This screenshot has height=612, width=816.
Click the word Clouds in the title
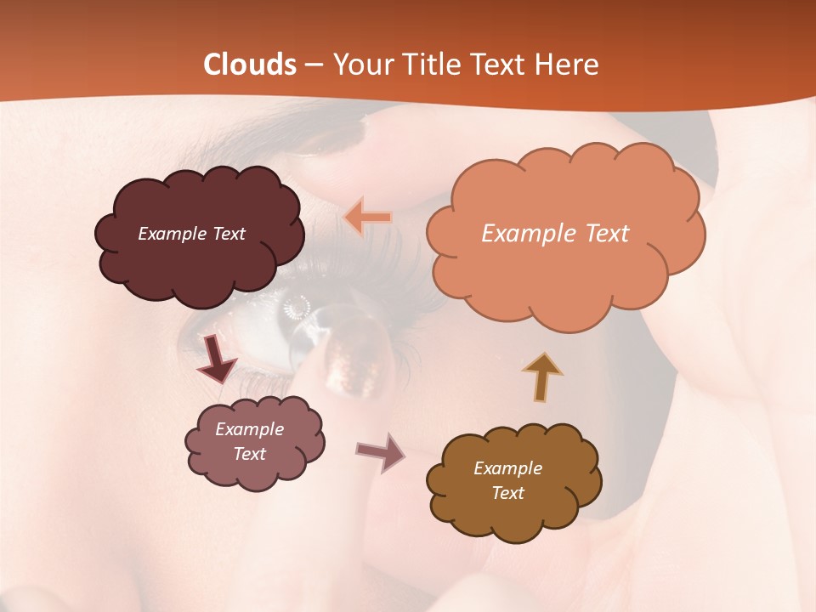250,65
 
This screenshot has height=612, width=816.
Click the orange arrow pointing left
367,218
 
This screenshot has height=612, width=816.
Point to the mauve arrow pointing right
380,452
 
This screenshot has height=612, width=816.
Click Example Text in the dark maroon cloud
191,234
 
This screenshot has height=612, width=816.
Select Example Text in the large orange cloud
555,234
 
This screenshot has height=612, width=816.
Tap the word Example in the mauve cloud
249,429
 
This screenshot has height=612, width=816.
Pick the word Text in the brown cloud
507,493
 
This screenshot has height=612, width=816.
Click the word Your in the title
359,65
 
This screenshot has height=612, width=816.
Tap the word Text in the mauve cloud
249,454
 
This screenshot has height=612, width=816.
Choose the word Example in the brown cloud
507,468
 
